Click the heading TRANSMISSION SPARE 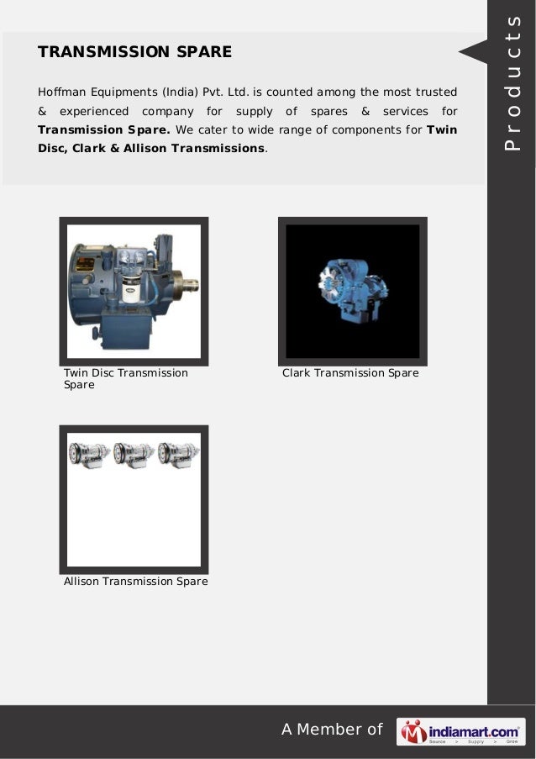tap(134, 52)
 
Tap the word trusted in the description tap(435, 91)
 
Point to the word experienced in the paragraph tap(92, 111)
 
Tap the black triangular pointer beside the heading tap(472, 52)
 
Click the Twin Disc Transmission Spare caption tap(125, 378)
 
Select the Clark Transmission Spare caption tap(350, 372)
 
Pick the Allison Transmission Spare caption tap(135, 581)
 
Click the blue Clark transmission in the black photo tap(351, 291)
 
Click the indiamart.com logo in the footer tap(461, 730)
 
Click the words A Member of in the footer tap(331, 730)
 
